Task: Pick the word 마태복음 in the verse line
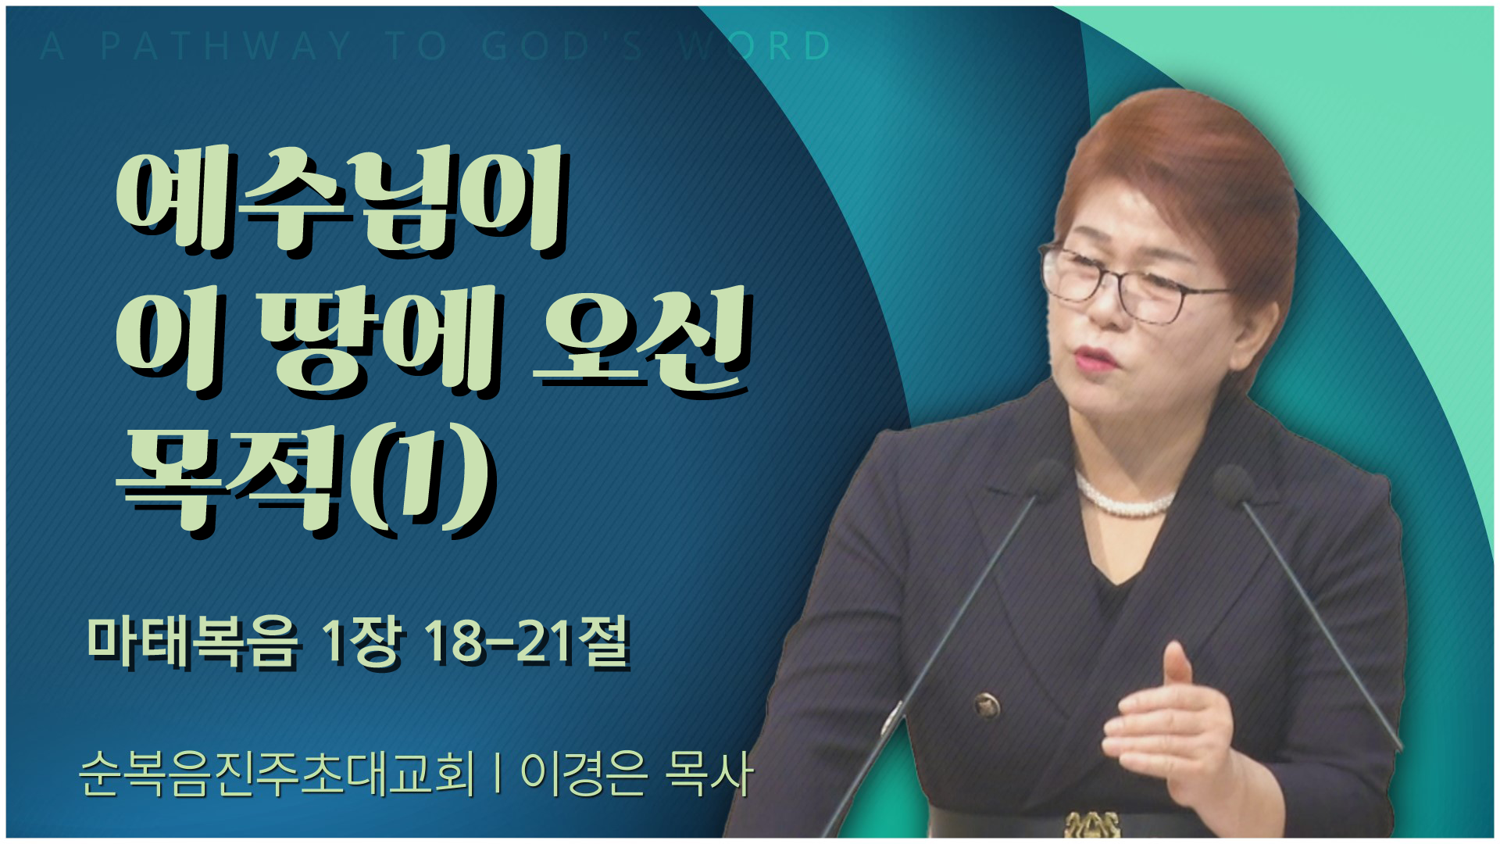tap(192, 642)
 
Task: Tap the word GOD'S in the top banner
tap(562, 46)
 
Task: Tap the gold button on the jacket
tap(987, 706)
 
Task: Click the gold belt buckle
tap(1091, 824)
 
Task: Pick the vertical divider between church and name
tap(498, 774)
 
